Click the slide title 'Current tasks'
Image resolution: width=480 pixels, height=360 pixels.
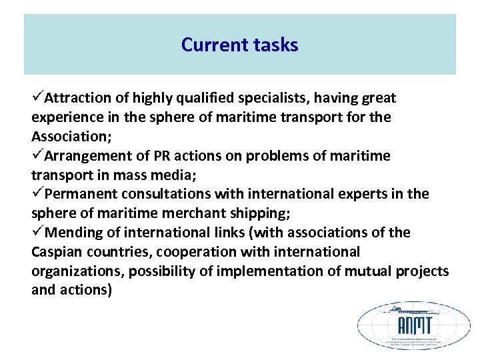239,45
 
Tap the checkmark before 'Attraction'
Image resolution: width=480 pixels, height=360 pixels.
37,97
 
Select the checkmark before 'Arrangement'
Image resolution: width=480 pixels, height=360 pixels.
37,155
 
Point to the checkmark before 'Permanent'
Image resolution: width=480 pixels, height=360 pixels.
37,193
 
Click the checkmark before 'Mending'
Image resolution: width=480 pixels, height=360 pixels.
37,232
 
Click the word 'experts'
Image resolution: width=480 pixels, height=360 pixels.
366,194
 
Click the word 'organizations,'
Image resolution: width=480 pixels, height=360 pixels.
77,271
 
